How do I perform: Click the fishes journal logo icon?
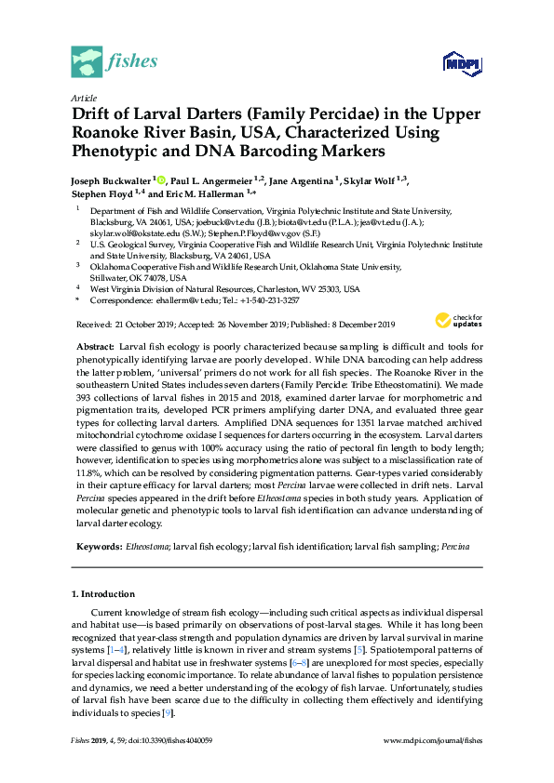(87, 61)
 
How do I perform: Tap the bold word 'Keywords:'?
(100, 546)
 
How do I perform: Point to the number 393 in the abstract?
(84, 405)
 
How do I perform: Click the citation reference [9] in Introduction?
(167, 712)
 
